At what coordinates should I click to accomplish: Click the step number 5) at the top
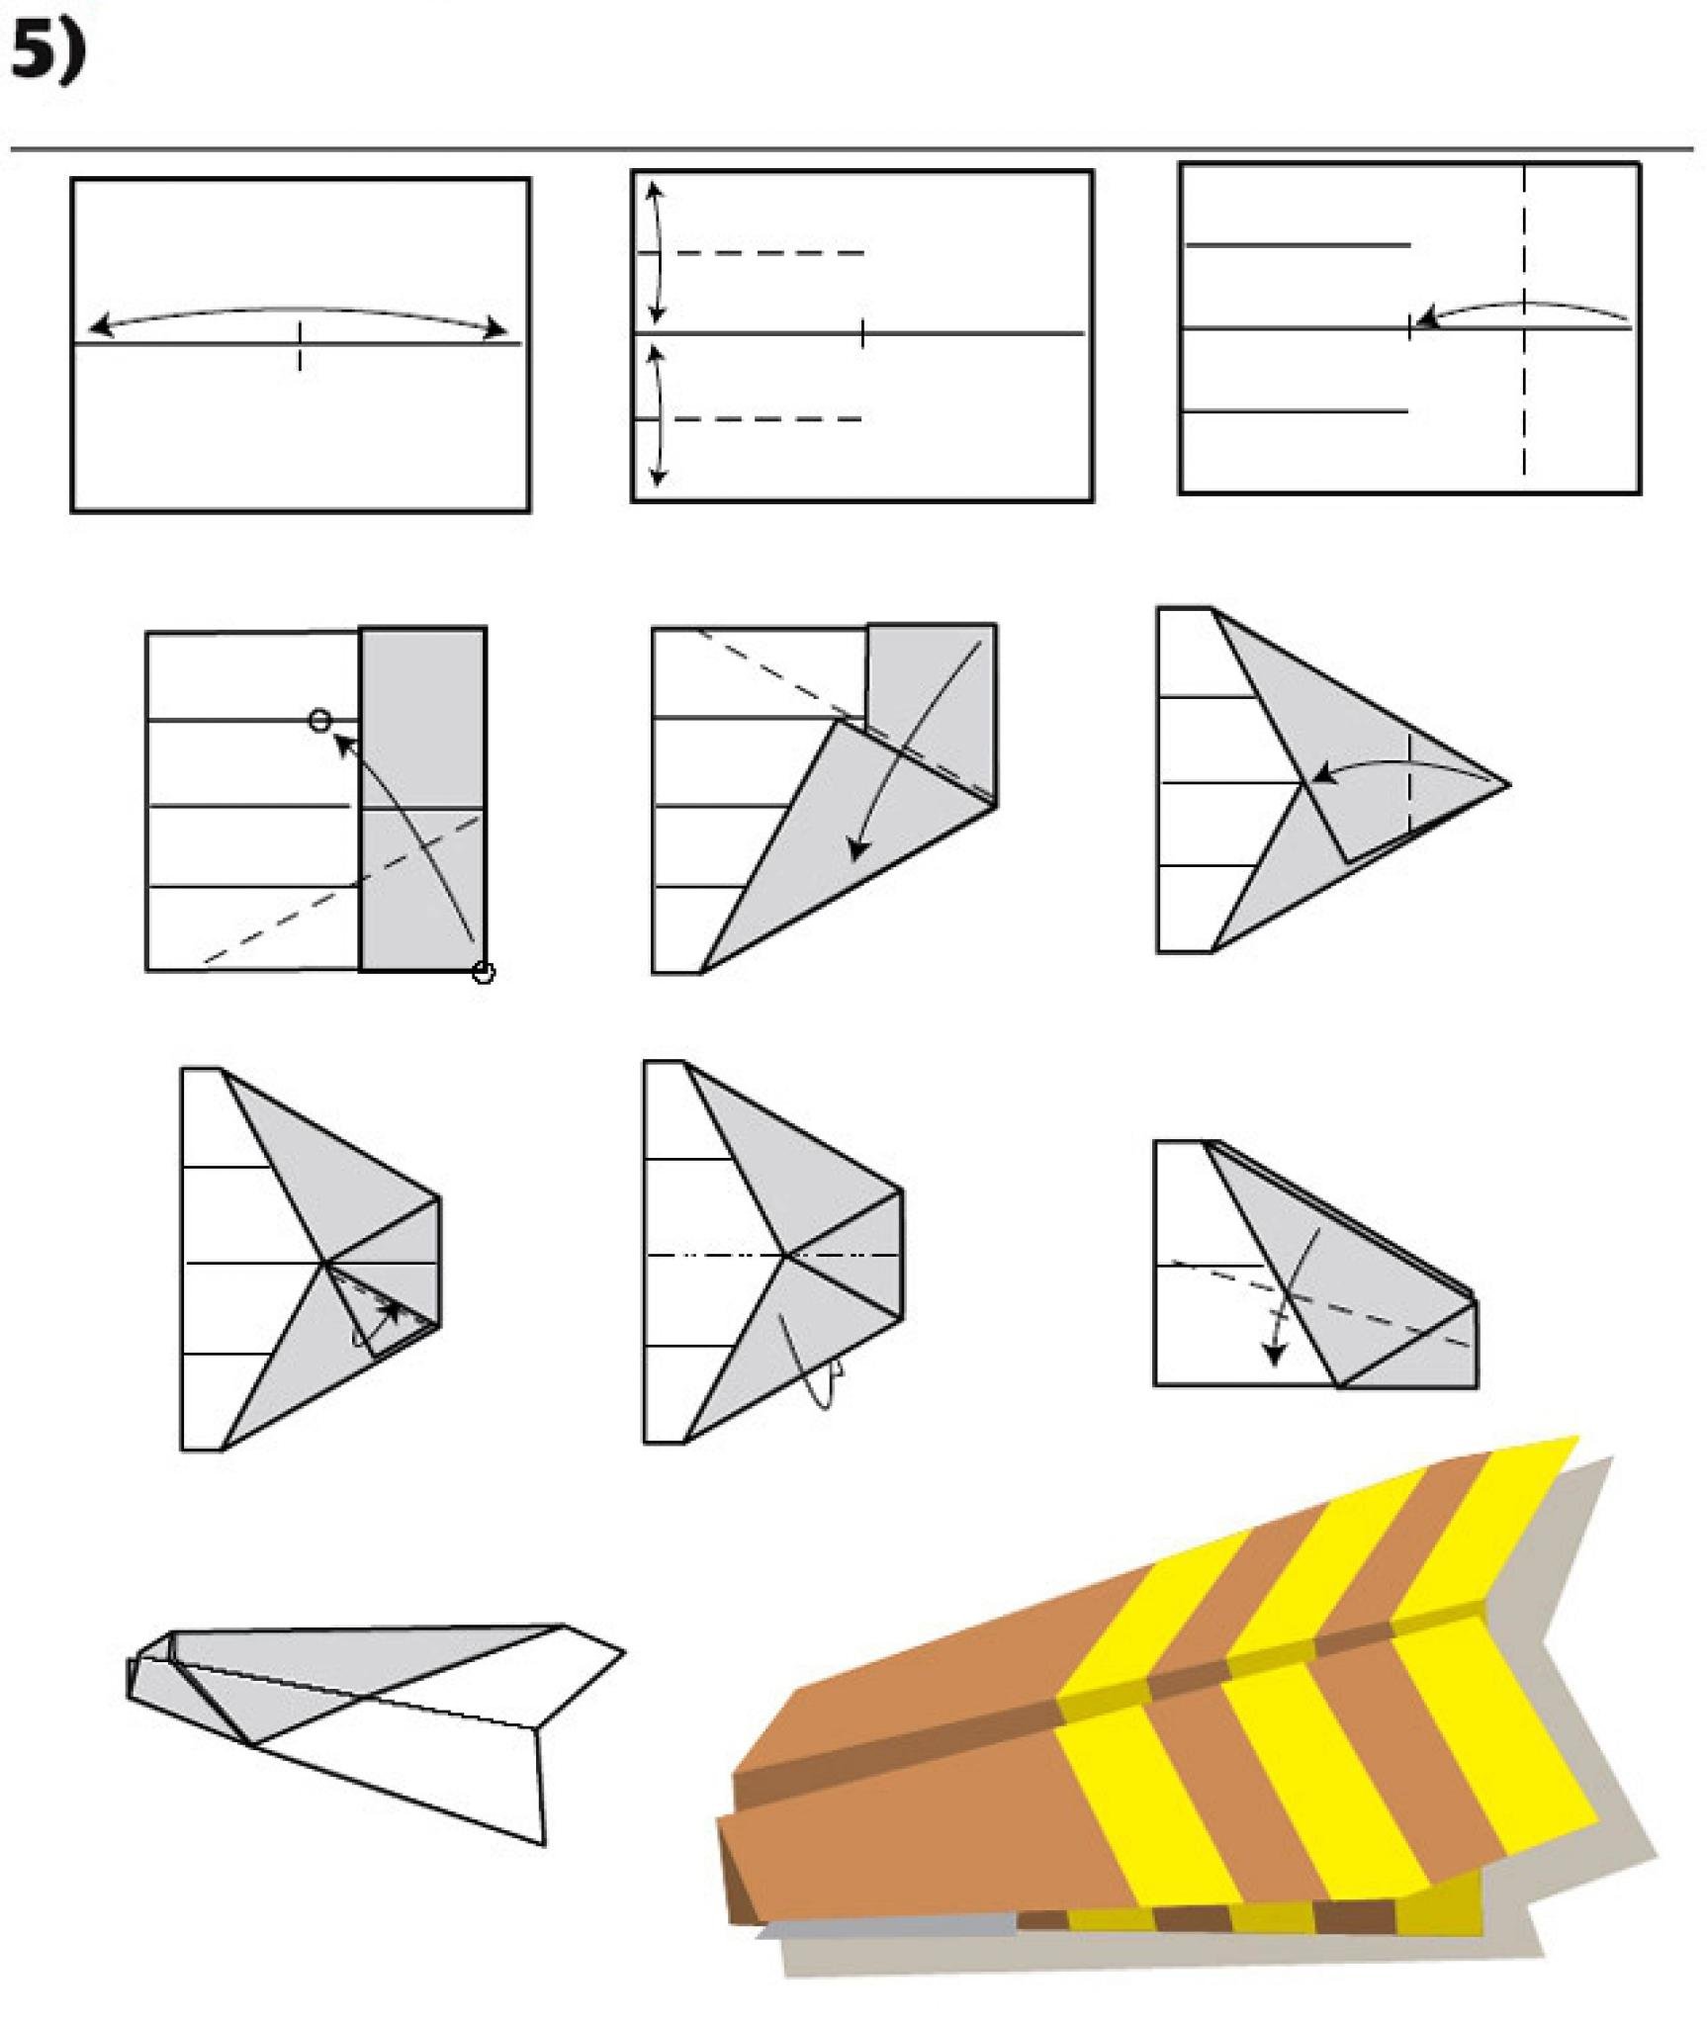point(47,52)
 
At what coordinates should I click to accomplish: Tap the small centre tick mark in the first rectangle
point(300,346)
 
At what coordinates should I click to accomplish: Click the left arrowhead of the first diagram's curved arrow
point(99,325)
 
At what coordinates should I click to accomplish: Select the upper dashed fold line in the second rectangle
point(769,254)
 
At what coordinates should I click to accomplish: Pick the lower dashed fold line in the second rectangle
point(769,419)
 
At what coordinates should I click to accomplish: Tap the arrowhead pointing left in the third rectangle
point(1425,318)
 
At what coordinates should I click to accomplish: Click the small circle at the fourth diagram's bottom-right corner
point(484,973)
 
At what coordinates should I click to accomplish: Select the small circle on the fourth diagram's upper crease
point(319,720)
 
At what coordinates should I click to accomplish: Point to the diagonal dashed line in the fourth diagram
point(342,888)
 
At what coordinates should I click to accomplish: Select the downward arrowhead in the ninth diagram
point(1276,1353)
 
